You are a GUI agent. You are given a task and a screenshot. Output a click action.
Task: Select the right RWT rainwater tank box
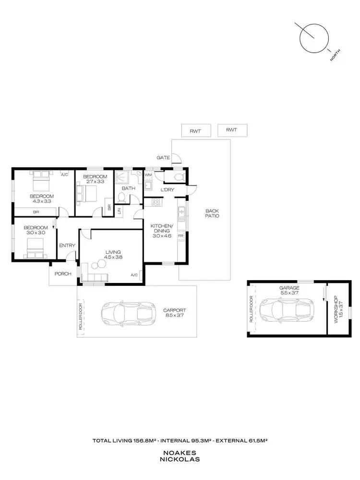point(232,129)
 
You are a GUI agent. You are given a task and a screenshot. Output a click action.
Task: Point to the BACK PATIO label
point(212,213)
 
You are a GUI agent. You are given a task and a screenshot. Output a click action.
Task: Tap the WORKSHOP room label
point(336,309)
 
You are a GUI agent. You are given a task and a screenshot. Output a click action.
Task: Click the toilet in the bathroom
point(121,198)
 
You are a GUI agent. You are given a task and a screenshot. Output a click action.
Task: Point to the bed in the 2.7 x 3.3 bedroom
point(86,195)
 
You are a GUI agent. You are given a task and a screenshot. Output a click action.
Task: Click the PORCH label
point(63,274)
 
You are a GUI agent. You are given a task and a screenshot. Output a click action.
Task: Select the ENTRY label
point(67,246)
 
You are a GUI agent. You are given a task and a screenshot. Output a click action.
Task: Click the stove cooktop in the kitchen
point(156,202)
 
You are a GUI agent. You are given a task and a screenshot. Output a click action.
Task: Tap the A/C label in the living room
point(134,275)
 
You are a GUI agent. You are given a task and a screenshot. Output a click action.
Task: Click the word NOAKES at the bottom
point(180,452)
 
